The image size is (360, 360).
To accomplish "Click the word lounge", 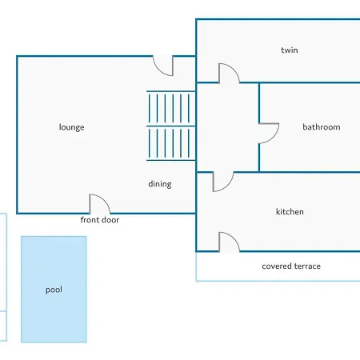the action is (x=71, y=127).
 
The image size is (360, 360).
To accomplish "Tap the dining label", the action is (x=160, y=184).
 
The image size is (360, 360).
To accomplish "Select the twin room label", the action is (x=290, y=50).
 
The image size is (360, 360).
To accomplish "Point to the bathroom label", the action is (x=322, y=127).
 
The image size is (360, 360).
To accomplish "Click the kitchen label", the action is (x=290, y=212).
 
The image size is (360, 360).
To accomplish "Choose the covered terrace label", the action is (x=291, y=266).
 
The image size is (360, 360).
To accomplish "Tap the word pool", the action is (x=54, y=290).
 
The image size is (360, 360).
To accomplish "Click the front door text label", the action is (x=100, y=220).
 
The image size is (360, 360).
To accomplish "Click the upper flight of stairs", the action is (x=171, y=108).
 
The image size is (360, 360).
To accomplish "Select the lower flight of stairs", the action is (x=171, y=143).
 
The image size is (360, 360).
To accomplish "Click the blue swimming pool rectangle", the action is (x=54, y=290).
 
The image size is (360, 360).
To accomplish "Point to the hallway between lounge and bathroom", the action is (x=228, y=127).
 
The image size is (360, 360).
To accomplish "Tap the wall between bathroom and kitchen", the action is (x=297, y=172).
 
